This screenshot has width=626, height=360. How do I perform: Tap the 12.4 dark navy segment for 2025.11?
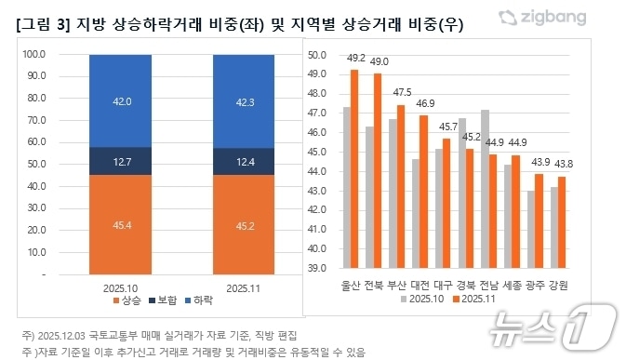tap(248, 162)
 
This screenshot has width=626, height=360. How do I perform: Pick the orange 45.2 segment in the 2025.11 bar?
tap(248, 225)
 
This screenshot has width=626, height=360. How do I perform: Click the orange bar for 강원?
tap(561, 221)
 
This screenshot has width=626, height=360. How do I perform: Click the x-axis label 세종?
tap(513, 284)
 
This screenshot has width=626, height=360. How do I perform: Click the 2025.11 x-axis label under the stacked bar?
tap(248, 287)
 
